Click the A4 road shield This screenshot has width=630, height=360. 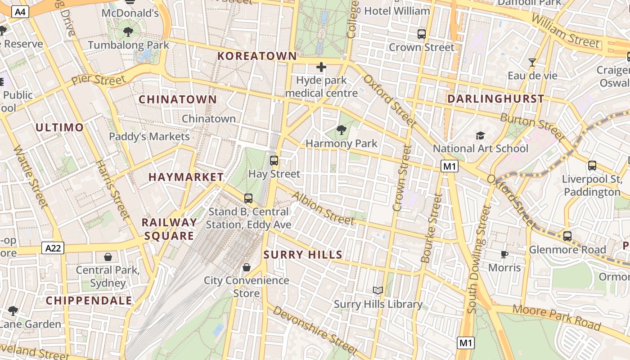click(20, 12)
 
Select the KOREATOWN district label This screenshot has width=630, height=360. click(257, 56)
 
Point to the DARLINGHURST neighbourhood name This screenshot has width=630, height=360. click(495, 99)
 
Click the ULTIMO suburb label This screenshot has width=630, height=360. click(60, 128)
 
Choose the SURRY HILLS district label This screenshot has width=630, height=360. click(303, 255)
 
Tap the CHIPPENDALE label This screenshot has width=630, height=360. click(89, 301)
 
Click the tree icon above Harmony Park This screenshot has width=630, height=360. click(342, 130)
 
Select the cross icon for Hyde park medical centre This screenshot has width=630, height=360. click(321, 67)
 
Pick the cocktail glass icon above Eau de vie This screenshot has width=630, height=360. click(533, 62)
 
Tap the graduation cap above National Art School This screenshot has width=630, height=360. click(481, 135)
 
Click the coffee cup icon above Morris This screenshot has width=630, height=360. click(504, 255)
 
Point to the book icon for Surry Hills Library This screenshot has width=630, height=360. click(378, 291)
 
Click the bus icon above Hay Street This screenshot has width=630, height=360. click(274, 160)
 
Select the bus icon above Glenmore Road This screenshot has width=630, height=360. click(567, 236)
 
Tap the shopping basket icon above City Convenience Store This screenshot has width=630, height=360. click(246, 267)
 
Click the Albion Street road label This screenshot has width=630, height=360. click(323, 207)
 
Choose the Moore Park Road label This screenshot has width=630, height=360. click(557, 317)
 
